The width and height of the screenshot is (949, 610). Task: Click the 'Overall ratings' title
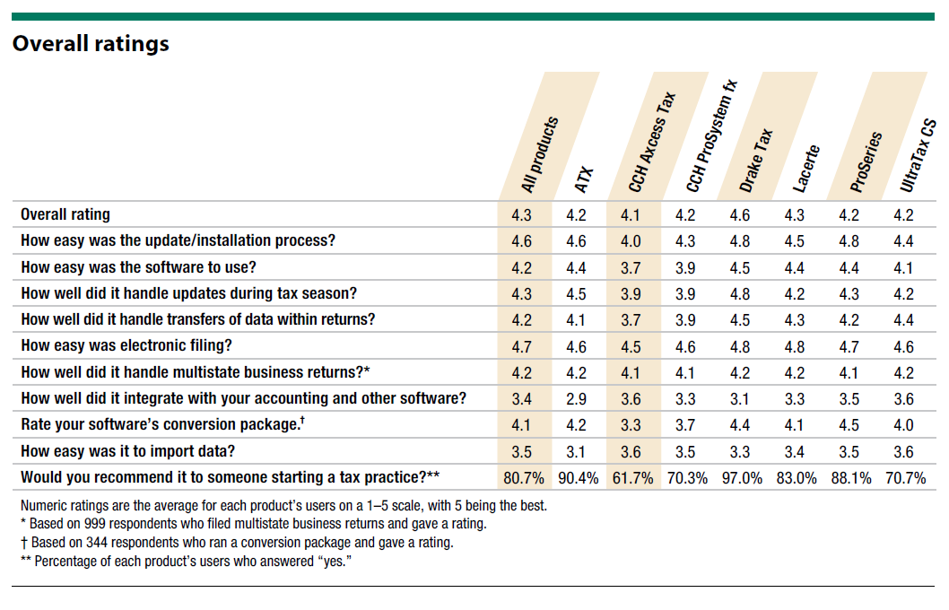91,43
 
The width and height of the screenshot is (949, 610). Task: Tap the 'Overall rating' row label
65,215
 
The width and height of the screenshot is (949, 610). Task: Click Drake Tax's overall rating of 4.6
739,215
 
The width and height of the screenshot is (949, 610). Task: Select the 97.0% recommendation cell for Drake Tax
740,478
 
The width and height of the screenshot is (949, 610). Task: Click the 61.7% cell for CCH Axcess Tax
632,478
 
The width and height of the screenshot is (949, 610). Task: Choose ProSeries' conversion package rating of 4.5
849,425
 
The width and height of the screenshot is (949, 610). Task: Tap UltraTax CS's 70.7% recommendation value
904,478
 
